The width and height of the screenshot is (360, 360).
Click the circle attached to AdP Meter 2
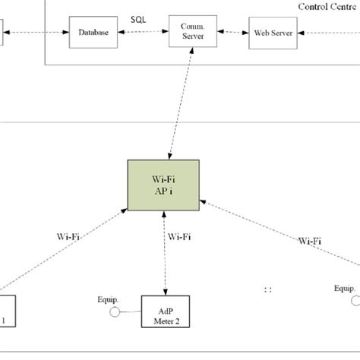point(115,311)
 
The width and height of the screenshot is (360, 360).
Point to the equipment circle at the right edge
point(352,302)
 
